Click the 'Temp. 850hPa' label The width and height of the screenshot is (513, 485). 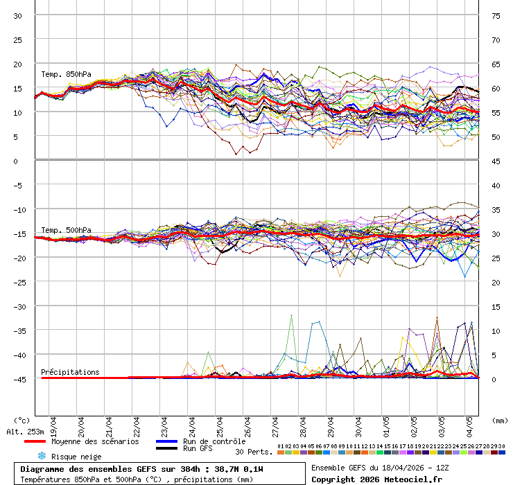[x=66, y=74]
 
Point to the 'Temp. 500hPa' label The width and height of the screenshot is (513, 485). [x=66, y=230]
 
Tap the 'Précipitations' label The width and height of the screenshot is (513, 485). [x=70, y=372]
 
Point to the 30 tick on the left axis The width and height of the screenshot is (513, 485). [x=18, y=15]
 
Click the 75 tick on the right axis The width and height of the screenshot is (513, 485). [x=496, y=15]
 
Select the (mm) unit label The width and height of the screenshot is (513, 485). [x=500, y=420]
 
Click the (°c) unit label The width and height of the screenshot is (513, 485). [x=22, y=420]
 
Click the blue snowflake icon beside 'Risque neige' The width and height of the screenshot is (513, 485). [x=42, y=456]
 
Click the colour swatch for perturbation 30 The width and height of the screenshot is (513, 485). [x=502, y=452]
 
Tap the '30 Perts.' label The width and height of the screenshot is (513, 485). [x=254, y=452]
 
